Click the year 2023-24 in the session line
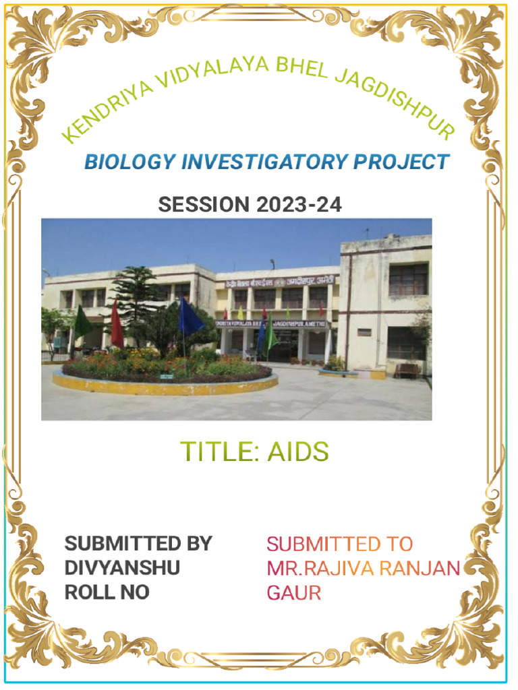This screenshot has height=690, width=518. click(299, 204)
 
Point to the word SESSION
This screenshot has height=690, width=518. click(204, 204)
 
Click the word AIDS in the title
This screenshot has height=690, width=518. click(298, 452)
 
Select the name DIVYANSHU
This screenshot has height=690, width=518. click(122, 568)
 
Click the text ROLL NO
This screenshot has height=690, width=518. click(107, 592)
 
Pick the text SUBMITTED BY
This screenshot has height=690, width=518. click(138, 544)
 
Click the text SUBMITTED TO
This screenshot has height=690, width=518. click(339, 544)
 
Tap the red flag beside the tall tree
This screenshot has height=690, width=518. click(117, 325)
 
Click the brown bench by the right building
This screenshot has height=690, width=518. click(407, 370)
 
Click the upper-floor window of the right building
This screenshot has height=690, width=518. click(407, 279)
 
